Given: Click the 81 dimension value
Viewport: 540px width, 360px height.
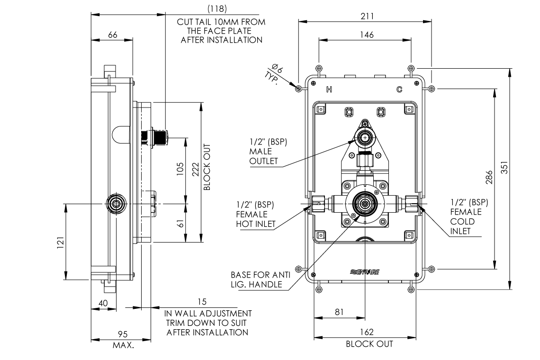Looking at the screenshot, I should (339, 312).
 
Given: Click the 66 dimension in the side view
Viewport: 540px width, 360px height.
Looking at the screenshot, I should (113, 35).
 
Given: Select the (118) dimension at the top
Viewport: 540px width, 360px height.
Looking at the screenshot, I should (217, 8).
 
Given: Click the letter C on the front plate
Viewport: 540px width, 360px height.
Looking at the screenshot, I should (399, 89).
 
